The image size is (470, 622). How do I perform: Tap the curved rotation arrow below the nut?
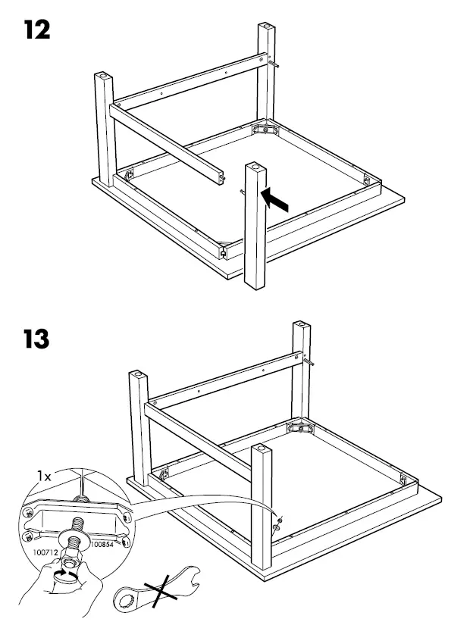click(x=67, y=576)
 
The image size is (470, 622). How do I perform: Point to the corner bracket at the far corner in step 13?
click(x=300, y=428)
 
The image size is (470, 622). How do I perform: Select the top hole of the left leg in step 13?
click(x=136, y=374)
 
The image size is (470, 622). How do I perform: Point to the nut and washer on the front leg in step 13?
click(x=277, y=520)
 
